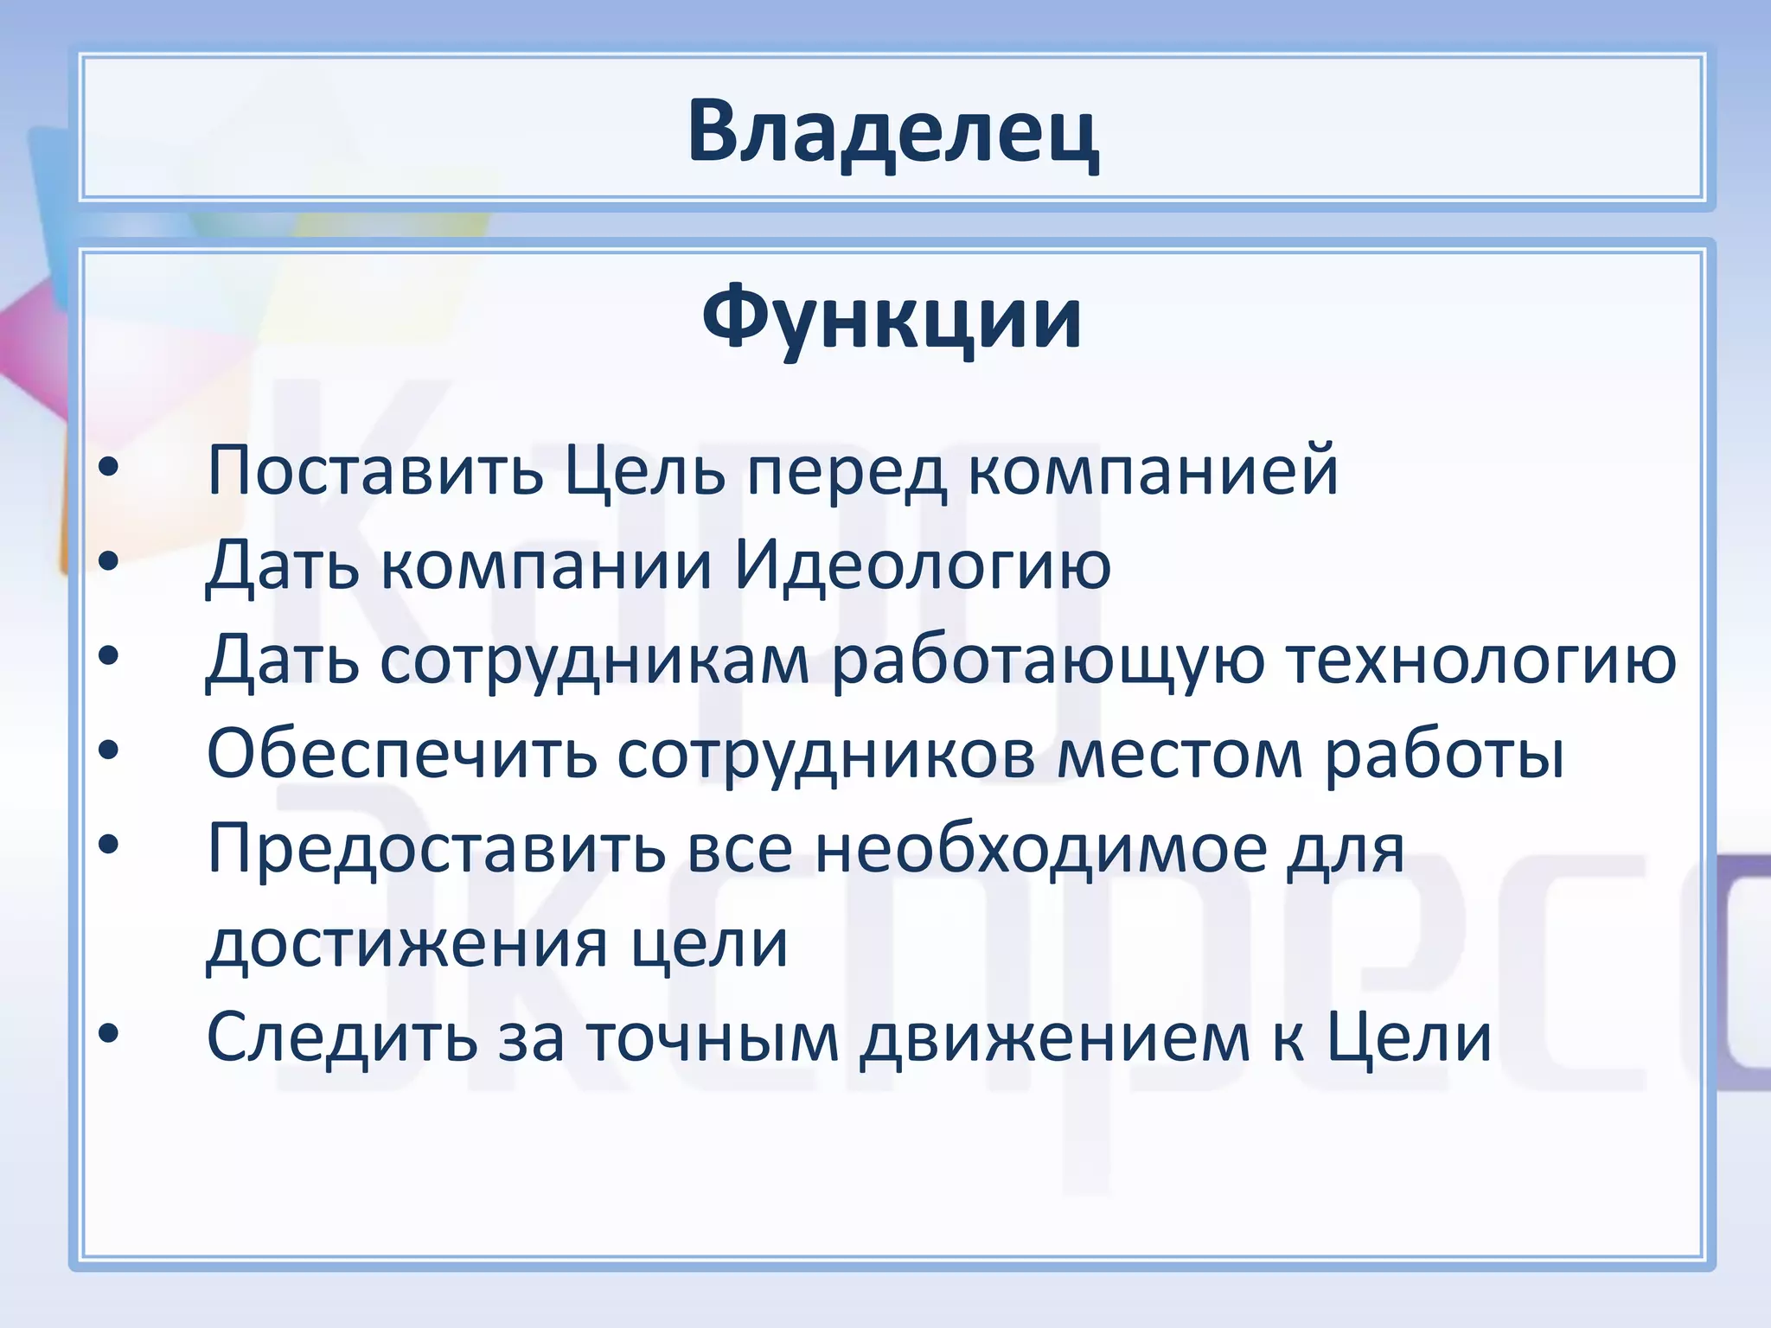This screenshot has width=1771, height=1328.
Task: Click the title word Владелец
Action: (x=892, y=131)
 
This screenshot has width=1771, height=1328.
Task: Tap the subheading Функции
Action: (x=892, y=318)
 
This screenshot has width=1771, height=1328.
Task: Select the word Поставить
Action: (x=375, y=471)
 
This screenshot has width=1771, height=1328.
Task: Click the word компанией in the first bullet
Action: (x=1152, y=471)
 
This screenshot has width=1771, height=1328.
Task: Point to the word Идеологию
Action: (x=923, y=566)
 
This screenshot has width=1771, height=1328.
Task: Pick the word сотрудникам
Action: (x=595, y=661)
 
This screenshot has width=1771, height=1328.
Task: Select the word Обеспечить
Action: (x=402, y=755)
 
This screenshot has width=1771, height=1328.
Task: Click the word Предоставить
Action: (x=437, y=850)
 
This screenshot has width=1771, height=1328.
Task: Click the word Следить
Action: (x=342, y=1037)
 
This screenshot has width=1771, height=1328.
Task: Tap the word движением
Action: (x=1055, y=1037)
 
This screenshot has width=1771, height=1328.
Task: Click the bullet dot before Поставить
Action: (x=108, y=469)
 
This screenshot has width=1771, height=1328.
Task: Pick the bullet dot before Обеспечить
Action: (x=108, y=751)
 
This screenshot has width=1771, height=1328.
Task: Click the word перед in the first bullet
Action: (x=847, y=471)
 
